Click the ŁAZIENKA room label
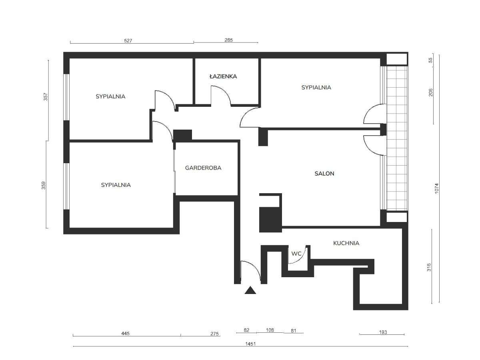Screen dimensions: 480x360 click(x=223, y=76)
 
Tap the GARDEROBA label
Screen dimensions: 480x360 click(x=203, y=168)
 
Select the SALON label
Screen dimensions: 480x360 click(x=324, y=174)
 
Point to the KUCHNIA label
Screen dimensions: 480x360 click(x=346, y=243)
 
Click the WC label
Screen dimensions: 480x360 click(x=296, y=254)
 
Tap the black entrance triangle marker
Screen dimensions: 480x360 click(x=250, y=290)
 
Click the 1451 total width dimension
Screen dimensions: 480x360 click(x=250, y=344)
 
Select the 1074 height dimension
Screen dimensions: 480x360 click(x=436, y=188)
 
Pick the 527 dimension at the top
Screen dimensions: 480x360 click(x=128, y=41)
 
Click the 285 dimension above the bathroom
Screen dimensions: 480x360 click(x=228, y=40)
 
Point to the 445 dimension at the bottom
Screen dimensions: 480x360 click(x=125, y=333)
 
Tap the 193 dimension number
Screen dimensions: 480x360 click(x=383, y=332)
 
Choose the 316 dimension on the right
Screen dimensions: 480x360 click(x=429, y=267)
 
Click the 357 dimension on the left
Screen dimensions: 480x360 click(x=46, y=97)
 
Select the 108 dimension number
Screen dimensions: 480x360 click(x=270, y=330)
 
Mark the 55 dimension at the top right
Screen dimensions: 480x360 click(x=430, y=60)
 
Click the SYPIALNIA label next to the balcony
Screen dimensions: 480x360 click(x=316, y=88)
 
